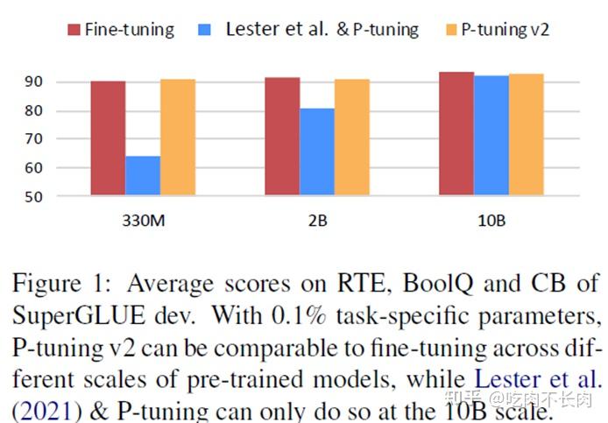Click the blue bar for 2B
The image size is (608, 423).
tap(317, 152)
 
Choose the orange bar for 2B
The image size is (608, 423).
tap(352, 137)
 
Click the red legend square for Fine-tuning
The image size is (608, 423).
tap(74, 30)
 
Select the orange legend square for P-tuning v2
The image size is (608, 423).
tap(450, 30)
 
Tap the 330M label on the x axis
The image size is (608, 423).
tap(143, 220)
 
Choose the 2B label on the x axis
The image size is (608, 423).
tap(317, 220)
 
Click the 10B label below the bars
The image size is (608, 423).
tap(491, 220)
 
